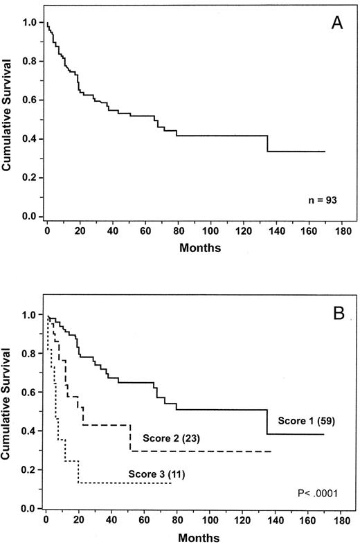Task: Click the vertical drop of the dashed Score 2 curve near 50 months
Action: click(129, 438)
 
